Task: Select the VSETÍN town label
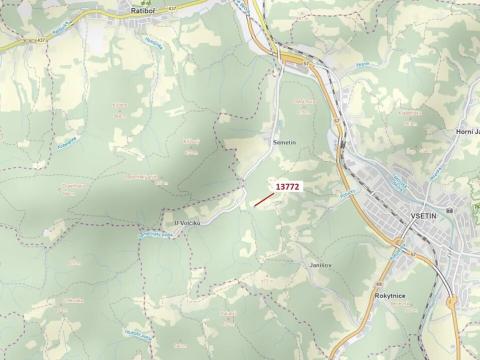[x=426, y=215]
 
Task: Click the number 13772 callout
[x=287, y=186]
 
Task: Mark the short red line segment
[x=263, y=200]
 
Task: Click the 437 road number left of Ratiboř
[x=39, y=40]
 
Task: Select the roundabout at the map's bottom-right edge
[x=451, y=300]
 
